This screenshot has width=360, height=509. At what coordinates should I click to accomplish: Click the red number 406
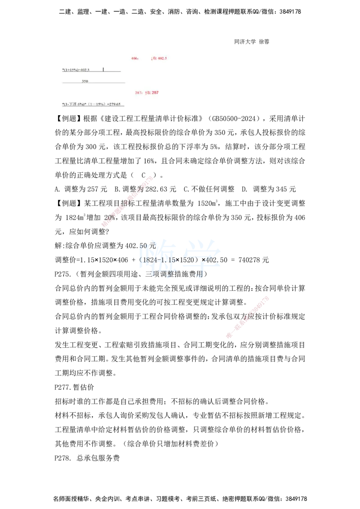click(x=134, y=58)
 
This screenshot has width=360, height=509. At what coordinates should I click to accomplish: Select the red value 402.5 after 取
click(x=162, y=58)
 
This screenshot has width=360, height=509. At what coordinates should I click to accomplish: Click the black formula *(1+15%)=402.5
click(x=76, y=70)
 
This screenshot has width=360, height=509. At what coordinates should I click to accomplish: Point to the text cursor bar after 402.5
click(x=103, y=69)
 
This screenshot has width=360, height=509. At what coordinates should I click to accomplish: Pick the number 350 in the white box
click(x=85, y=81)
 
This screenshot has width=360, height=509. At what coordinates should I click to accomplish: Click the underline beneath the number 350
click(x=94, y=83)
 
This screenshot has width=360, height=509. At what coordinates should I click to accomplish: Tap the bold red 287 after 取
click(x=155, y=93)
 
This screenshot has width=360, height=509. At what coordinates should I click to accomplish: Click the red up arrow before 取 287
click(x=145, y=93)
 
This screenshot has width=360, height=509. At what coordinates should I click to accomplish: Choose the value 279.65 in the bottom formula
click(x=114, y=104)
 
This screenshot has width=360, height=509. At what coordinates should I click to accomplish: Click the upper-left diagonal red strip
click(x=128, y=201)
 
